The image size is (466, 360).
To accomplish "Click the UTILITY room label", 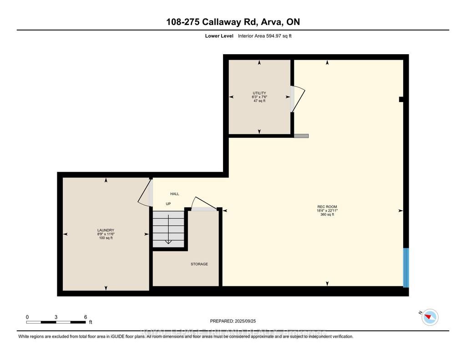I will [x=259, y=93].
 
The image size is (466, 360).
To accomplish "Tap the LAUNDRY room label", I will [x=106, y=230].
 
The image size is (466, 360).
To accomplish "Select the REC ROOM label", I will [x=327, y=207].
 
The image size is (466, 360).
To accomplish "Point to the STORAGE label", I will [x=199, y=264].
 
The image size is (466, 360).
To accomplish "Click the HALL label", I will [x=175, y=194].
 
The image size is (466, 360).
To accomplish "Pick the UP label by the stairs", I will [x=168, y=204].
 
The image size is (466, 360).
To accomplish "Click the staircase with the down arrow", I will [x=168, y=229].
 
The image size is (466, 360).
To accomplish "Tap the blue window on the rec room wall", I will [x=406, y=268].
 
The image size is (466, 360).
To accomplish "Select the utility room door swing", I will [x=298, y=99].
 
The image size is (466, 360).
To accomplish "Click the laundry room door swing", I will [x=145, y=193].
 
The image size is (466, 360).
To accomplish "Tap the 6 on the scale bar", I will [x=85, y=317].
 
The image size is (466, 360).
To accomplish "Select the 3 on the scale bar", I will [x=56, y=317].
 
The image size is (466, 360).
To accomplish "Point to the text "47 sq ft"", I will [x=259, y=101].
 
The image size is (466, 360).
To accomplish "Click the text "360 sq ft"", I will [x=327, y=214].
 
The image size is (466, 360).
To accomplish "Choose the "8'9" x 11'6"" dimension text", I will [x=106, y=234].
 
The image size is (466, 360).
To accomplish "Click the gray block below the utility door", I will [x=301, y=136].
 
